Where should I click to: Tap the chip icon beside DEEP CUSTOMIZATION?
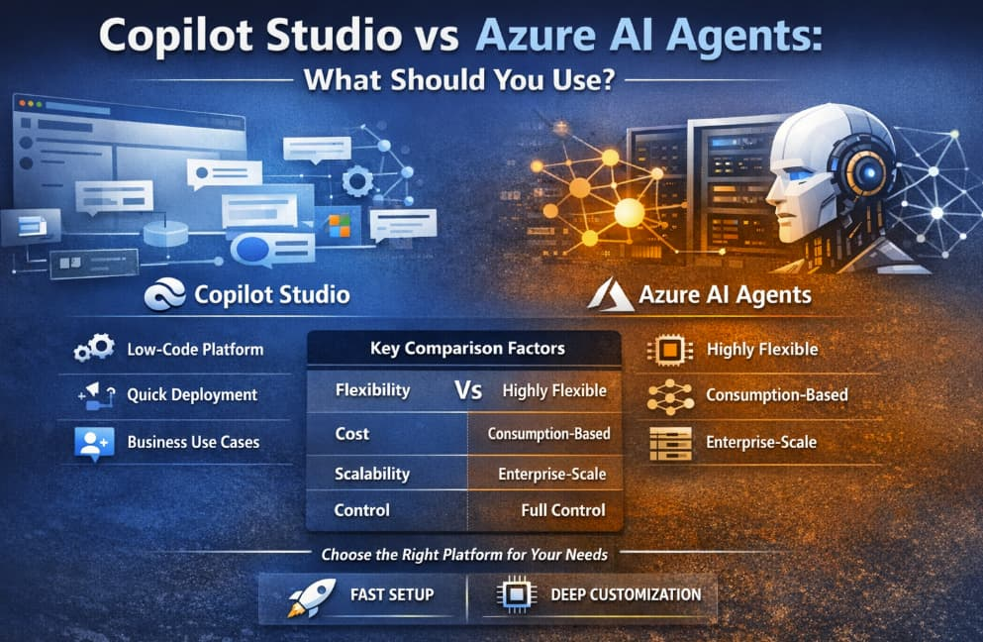pyautogui.click(x=516, y=593)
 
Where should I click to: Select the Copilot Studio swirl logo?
pyautogui.click(x=165, y=294)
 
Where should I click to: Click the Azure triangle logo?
pyautogui.click(x=610, y=295)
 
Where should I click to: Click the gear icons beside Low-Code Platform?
pyautogui.click(x=94, y=348)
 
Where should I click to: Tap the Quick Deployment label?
pyautogui.click(x=192, y=394)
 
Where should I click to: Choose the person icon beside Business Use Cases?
pyautogui.click(x=94, y=443)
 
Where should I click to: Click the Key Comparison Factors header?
pyautogui.click(x=467, y=349)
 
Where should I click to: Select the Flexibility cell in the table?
pyautogui.click(x=372, y=390)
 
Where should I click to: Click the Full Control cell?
pyautogui.click(x=563, y=510)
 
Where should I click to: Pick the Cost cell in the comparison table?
pyautogui.click(x=351, y=434)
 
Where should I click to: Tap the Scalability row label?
pyautogui.click(x=372, y=474)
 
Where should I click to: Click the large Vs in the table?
pyautogui.click(x=468, y=390)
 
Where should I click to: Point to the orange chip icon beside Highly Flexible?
pyautogui.click(x=669, y=350)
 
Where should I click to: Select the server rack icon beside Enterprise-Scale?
pyautogui.click(x=671, y=443)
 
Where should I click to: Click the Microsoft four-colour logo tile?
pyautogui.click(x=340, y=226)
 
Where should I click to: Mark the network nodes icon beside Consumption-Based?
pyautogui.click(x=670, y=396)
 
